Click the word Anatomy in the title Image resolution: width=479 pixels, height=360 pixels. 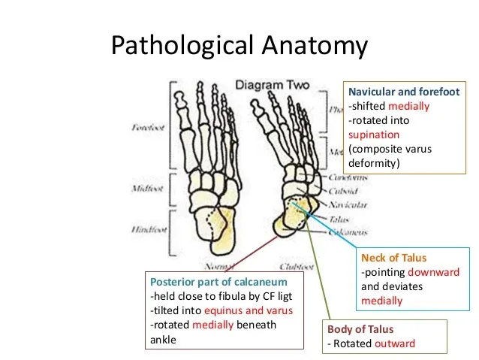(315, 47)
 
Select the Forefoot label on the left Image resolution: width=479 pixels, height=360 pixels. (148, 128)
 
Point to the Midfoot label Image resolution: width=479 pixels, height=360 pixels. (147, 189)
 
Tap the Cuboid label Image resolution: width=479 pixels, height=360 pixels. (344, 191)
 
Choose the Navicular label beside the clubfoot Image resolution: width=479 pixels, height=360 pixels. (348, 204)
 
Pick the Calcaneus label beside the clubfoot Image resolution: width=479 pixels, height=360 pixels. (346, 232)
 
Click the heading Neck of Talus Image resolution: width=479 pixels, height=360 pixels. (395, 259)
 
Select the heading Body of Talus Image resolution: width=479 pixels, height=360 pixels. (360, 330)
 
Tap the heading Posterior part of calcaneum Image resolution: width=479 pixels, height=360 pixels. (215, 282)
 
